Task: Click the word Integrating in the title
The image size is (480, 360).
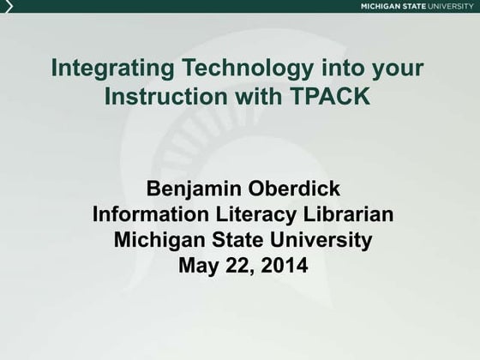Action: point(112,69)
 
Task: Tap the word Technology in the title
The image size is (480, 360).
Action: point(248,69)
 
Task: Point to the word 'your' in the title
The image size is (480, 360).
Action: point(398,70)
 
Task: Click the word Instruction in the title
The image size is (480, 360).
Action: point(166,95)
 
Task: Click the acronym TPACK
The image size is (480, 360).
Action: point(329,95)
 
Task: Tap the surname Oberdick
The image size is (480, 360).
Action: point(294,188)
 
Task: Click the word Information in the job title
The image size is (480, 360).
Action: point(151,214)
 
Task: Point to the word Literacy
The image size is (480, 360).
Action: point(256,215)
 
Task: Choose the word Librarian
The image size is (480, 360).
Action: point(348,214)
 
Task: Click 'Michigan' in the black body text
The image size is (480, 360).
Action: point(159,241)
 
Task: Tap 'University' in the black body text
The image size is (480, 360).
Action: point(321,241)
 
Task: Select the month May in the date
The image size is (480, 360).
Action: point(198,267)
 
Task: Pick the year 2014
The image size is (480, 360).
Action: point(285,265)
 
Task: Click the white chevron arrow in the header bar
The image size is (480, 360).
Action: point(9,6)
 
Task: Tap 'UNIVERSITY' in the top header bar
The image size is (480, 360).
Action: point(450,6)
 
